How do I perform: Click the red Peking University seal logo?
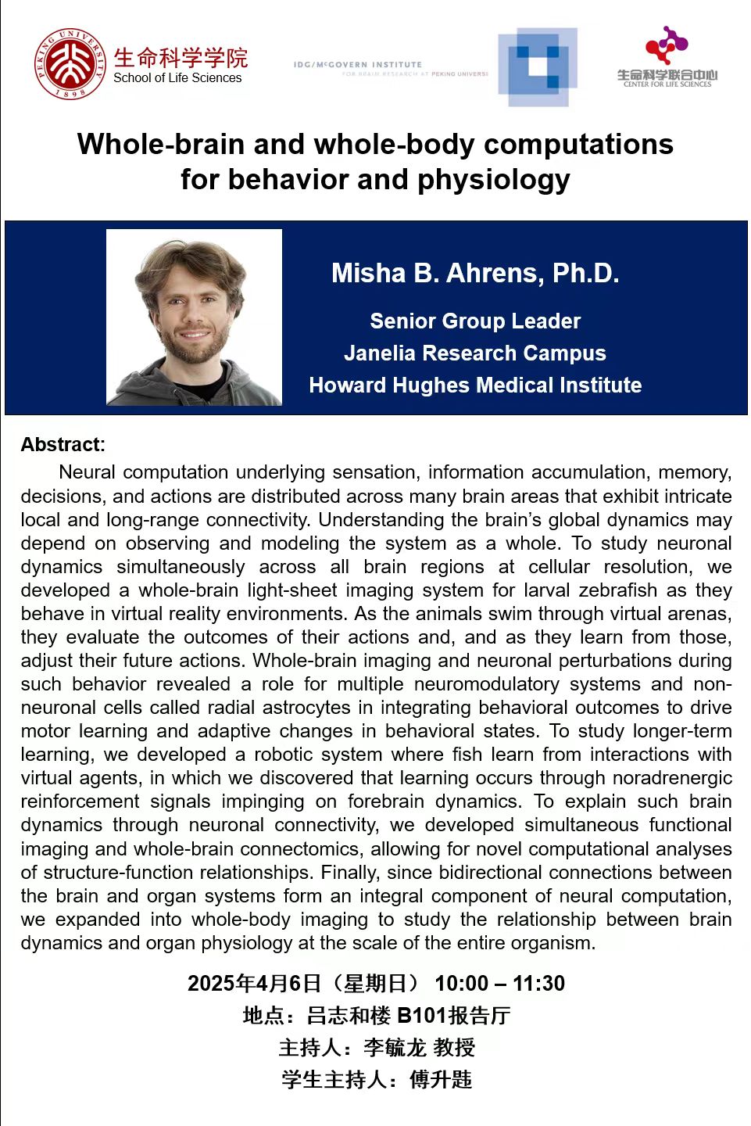pyautogui.click(x=70, y=64)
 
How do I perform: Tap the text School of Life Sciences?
pyautogui.click(x=177, y=78)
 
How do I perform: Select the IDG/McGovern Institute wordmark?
pyautogui.click(x=358, y=65)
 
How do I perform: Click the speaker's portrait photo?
pyautogui.click(x=194, y=317)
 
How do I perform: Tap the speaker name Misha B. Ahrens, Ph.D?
pyautogui.click(x=475, y=273)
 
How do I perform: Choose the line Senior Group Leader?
pyautogui.click(x=475, y=321)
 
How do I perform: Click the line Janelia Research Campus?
pyautogui.click(x=475, y=353)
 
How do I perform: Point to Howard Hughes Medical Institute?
pyautogui.click(x=475, y=385)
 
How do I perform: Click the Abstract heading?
pyautogui.click(x=63, y=445)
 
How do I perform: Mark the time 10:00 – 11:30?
pyautogui.click(x=499, y=984)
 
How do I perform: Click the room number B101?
pyautogui.click(x=422, y=1016)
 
